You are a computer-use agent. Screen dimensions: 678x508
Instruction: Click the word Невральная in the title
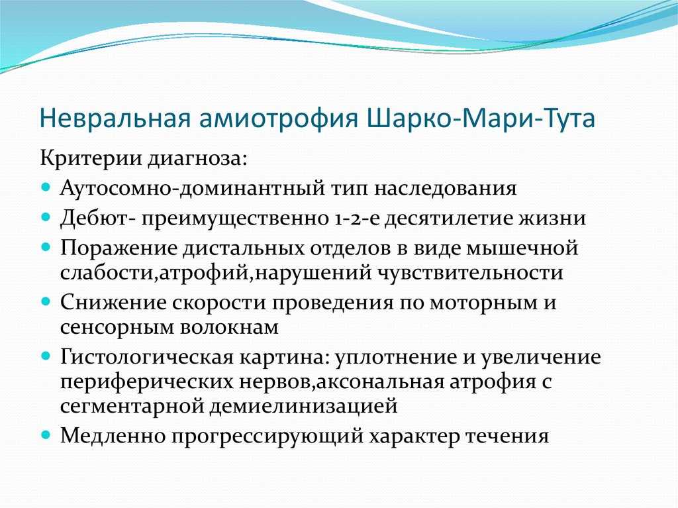[115, 118]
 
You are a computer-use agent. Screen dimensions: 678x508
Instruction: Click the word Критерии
[91, 158]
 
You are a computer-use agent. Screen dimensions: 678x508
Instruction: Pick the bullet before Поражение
[46, 247]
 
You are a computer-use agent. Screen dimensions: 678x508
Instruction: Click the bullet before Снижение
[46, 301]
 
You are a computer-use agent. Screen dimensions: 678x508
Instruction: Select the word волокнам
[229, 328]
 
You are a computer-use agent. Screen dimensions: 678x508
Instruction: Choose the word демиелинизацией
[303, 407]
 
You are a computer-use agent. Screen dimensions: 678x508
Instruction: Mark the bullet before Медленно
[46, 435]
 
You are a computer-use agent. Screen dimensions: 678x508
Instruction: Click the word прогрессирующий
[267, 437]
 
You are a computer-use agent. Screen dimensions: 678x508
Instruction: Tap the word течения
[507, 436]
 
